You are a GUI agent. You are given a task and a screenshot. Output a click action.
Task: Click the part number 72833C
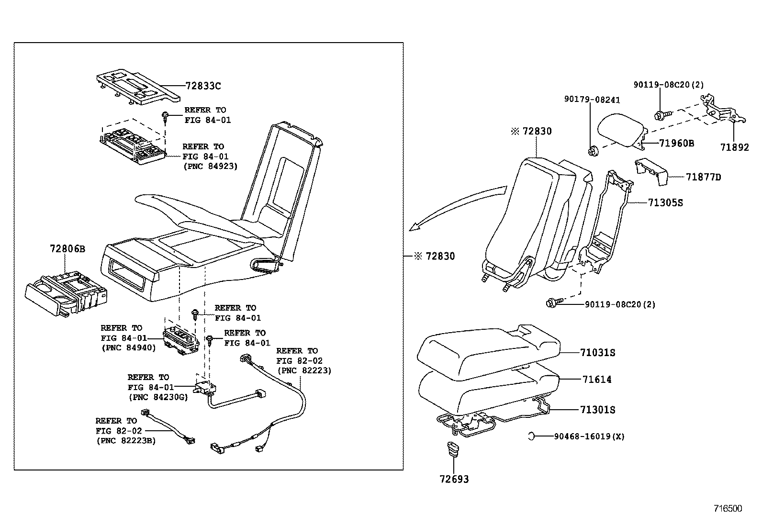coord(203,86)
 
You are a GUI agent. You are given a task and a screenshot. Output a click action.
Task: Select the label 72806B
coord(67,249)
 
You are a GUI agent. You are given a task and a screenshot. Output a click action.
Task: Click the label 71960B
coord(676,143)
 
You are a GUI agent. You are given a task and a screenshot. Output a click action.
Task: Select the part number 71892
coord(734,148)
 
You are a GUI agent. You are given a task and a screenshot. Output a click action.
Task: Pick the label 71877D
coord(703,178)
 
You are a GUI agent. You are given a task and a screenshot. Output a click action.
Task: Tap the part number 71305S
coord(665,203)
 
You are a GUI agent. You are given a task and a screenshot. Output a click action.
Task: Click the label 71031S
coord(597,353)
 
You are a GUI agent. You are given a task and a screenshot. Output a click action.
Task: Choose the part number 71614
coord(597,380)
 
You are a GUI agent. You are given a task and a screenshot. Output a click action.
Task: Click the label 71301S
coord(597,410)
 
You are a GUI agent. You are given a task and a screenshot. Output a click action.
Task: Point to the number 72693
coord(454,479)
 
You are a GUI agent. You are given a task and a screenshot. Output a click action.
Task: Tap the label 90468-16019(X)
coord(589,436)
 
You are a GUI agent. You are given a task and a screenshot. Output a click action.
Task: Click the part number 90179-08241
coord(592,100)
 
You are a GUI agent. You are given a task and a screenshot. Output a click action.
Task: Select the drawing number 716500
coord(728,508)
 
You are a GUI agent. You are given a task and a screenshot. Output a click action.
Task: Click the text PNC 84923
coord(210,166)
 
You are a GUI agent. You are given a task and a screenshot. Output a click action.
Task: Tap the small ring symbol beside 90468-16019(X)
coord(532,436)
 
